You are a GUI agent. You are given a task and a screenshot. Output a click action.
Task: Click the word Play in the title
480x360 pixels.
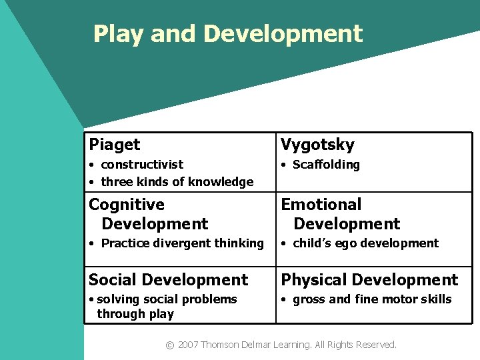pos(119,34)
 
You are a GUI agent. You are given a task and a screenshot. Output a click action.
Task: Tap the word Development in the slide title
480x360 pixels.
pos(283,33)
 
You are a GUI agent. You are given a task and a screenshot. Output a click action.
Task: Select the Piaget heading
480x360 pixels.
pos(115,145)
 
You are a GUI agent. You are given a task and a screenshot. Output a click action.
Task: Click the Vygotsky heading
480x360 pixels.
pos(317,145)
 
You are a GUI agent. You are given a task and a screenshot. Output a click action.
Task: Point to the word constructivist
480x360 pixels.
pos(142,164)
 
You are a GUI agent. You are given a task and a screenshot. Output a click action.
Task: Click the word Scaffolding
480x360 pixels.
pos(326,164)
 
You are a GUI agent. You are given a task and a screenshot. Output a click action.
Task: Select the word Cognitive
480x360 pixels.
pos(127,204)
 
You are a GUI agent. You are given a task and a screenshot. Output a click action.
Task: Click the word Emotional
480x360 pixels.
pos(321,204)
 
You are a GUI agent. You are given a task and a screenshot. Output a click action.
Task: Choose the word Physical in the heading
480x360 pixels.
pos(315,280)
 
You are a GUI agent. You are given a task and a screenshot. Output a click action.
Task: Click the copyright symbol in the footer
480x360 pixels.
pos(169,345)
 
